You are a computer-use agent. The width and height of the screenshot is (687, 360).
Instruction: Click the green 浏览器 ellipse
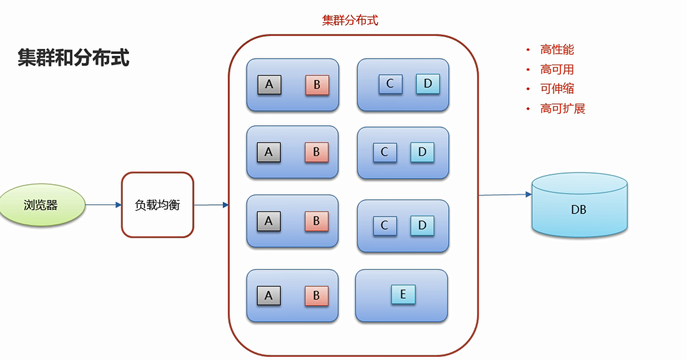pyautogui.click(x=41, y=205)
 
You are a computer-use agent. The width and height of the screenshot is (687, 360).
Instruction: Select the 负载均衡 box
pyautogui.click(x=157, y=205)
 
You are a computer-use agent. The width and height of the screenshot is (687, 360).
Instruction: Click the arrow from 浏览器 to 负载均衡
pyautogui.click(x=103, y=205)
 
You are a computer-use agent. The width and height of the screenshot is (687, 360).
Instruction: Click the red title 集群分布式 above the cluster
pyautogui.click(x=350, y=20)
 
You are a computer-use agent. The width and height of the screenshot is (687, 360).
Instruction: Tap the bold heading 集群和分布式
pyautogui.click(x=73, y=57)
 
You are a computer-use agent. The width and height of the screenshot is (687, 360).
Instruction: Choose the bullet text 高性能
pyautogui.click(x=557, y=50)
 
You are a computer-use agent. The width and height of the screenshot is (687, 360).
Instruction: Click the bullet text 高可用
pyautogui.click(x=557, y=69)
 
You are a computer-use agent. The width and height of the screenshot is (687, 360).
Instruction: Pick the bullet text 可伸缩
pyautogui.click(x=557, y=88)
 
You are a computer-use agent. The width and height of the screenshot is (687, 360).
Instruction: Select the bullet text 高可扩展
pyautogui.click(x=562, y=108)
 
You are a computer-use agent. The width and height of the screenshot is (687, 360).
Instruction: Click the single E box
pyautogui.click(x=403, y=295)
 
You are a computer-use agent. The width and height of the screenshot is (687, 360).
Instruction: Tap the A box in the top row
pyautogui.click(x=269, y=84)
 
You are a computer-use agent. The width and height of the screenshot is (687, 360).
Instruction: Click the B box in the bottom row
pyautogui.click(x=317, y=295)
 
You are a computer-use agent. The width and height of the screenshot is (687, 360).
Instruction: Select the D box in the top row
pyautogui.click(x=427, y=84)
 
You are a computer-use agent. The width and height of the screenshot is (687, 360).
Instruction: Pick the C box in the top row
pyautogui.click(x=390, y=84)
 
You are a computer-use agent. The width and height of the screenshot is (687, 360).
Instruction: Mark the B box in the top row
pyautogui.click(x=317, y=85)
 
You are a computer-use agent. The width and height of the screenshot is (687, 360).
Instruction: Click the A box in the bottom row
pyautogui.click(x=269, y=295)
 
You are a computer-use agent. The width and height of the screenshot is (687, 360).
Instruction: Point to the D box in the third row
pyautogui.click(x=422, y=225)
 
